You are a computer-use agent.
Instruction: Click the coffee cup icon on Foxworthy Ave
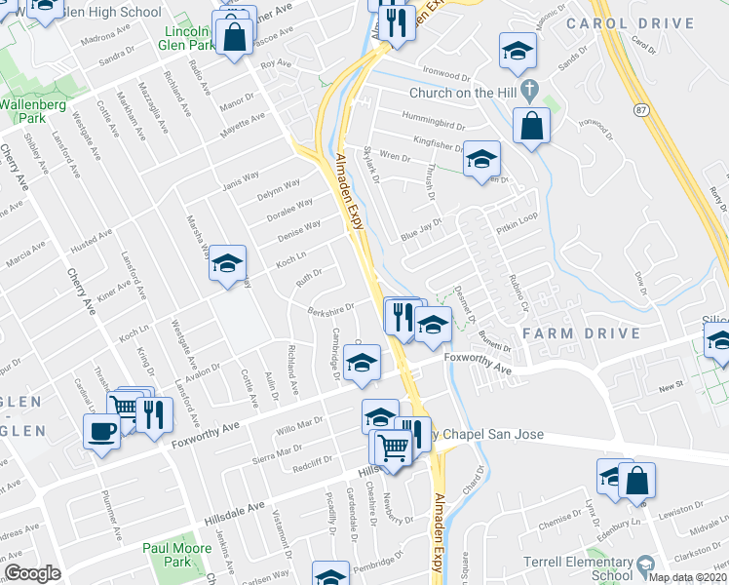101,430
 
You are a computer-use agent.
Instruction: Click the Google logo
32,573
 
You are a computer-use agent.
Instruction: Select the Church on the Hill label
464,94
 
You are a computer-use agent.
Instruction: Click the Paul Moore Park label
167,555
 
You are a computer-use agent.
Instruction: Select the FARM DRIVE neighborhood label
581,333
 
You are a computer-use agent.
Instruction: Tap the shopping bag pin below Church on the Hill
530,126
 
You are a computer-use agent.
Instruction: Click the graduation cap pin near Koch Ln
227,262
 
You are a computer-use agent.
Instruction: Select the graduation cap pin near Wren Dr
480,158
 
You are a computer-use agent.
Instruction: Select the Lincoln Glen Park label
186,38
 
